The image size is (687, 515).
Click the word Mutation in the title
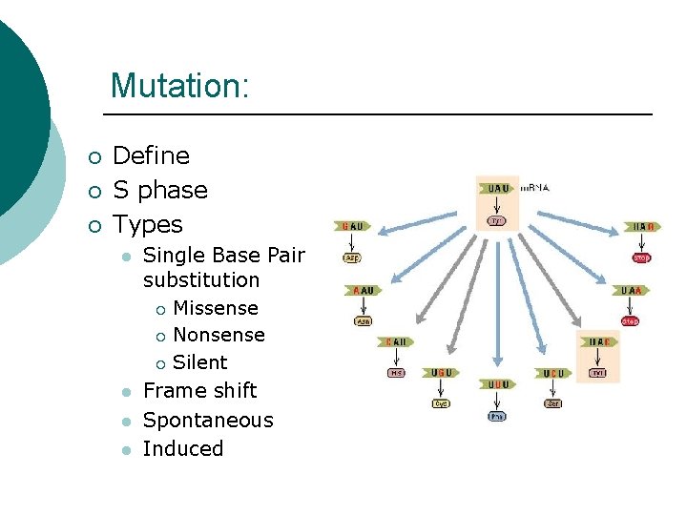(178, 86)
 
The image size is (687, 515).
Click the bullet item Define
(151, 155)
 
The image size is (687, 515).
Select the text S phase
(159, 190)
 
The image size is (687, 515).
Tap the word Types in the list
(147, 224)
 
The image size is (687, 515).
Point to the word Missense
(215, 308)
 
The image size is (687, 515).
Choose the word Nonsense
(219, 335)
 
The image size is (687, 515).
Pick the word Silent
(199, 362)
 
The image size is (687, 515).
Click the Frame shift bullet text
(199, 390)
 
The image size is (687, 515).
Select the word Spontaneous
(207, 420)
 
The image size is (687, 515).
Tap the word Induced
(182, 448)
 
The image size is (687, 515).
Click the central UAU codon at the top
(498, 189)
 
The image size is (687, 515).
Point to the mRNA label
(535, 188)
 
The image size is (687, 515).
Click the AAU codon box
(363, 290)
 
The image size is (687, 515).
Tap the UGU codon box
(441, 373)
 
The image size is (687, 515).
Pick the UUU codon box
(497, 384)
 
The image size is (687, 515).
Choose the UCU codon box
(553, 373)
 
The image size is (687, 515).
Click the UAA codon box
(631, 290)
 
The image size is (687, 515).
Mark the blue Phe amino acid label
(497, 416)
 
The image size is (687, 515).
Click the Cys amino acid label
(441, 403)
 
